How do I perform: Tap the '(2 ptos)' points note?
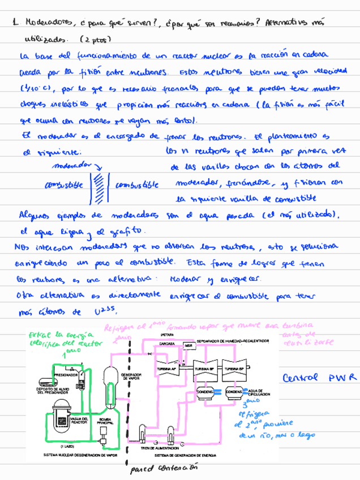point(95,40)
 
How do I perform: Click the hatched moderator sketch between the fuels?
point(98,185)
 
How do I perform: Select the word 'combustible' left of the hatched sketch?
point(63,185)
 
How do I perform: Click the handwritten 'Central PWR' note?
point(320,378)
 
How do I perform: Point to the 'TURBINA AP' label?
point(168,368)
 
